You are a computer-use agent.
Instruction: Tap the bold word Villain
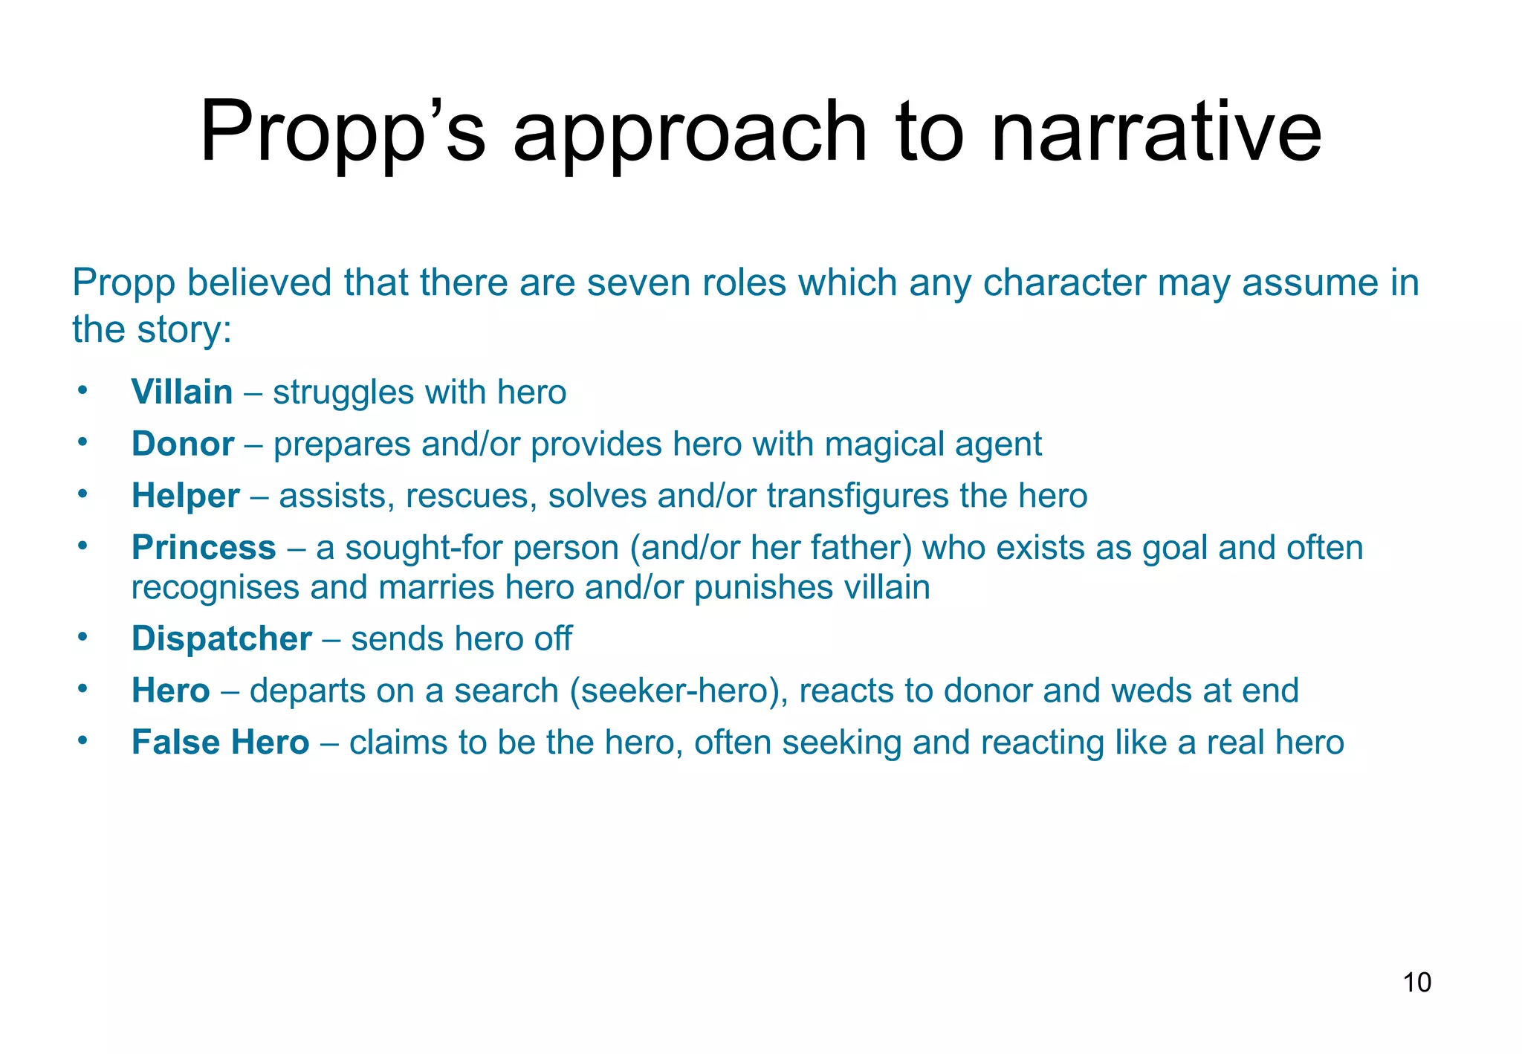pyautogui.click(x=182, y=392)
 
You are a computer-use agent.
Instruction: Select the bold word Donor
pyautogui.click(x=183, y=444)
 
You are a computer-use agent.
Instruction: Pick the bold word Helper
pyautogui.click(x=186, y=496)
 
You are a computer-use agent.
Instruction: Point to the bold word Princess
pyautogui.click(x=204, y=548)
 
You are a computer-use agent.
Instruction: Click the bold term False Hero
pyautogui.click(x=220, y=743)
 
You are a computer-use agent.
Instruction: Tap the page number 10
pyautogui.click(x=1416, y=983)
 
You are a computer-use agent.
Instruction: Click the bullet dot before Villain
pyautogui.click(x=82, y=390)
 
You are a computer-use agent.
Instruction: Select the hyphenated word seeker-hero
pyautogui.click(x=678, y=691)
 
